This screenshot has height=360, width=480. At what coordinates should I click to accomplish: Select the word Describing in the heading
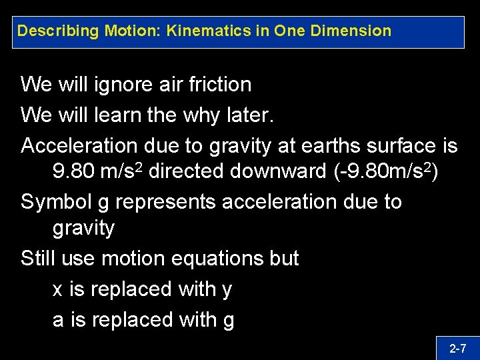(x=59, y=31)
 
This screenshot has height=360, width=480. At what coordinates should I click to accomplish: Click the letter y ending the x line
(x=227, y=291)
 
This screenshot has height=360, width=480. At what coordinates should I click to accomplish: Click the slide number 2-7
(x=457, y=348)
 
